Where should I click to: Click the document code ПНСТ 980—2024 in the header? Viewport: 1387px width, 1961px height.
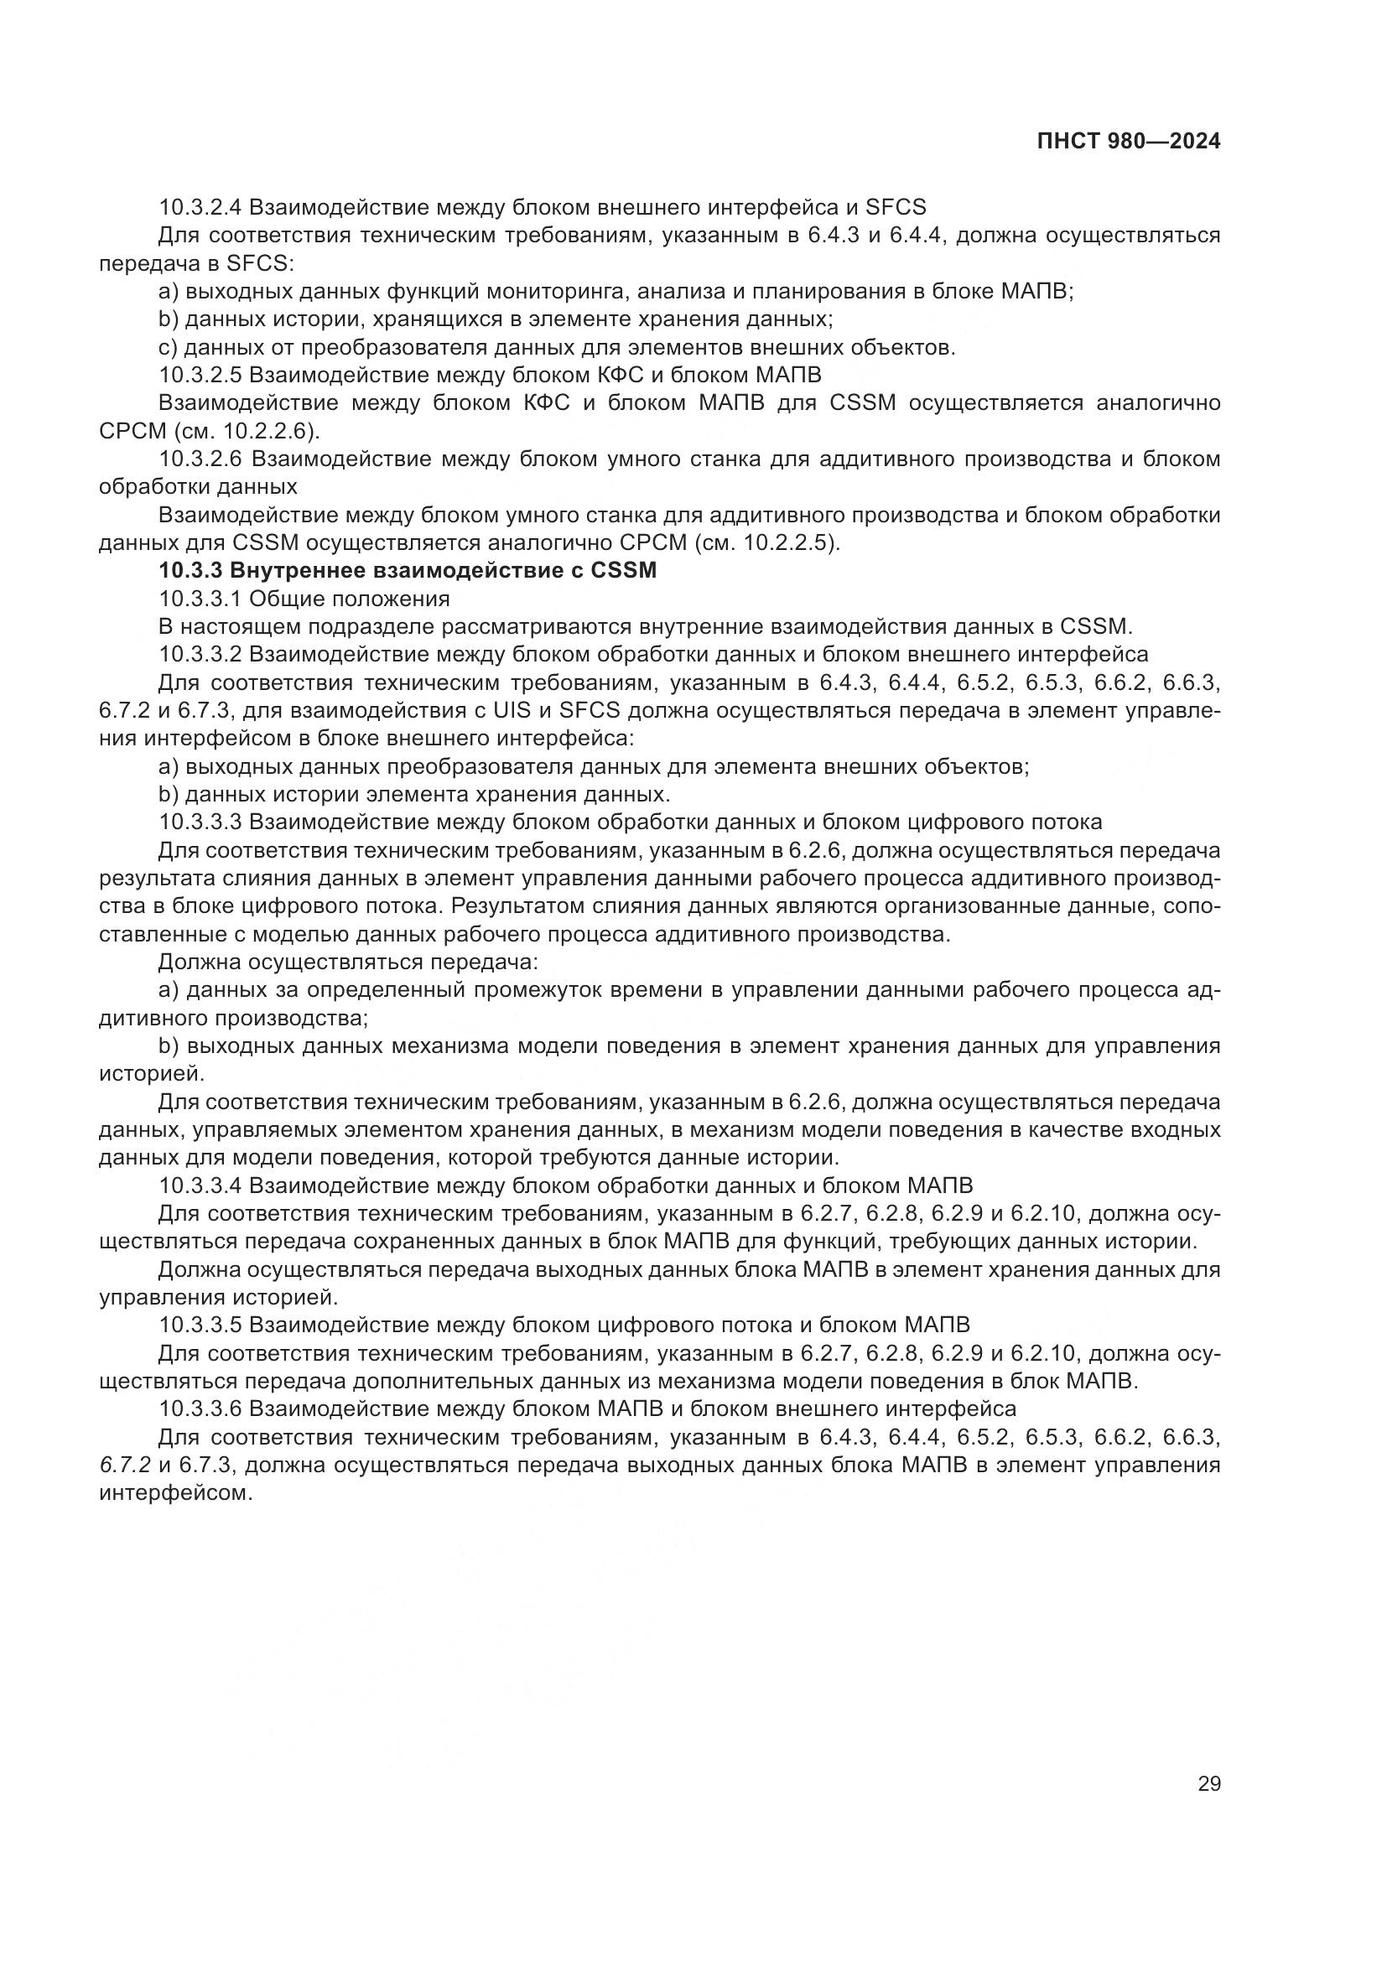point(1128,142)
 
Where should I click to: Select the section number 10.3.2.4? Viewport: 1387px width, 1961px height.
point(200,207)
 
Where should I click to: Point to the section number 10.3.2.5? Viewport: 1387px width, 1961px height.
point(200,375)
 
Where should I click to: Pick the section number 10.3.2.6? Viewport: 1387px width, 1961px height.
point(200,459)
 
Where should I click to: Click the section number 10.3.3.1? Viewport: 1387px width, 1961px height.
point(200,599)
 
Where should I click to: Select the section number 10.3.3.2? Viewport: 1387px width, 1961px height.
point(200,654)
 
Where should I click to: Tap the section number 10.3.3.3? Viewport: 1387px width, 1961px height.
point(200,822)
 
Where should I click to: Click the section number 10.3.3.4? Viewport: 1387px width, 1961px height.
point(200,1185)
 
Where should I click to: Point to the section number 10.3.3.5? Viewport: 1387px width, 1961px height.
point(200,1325)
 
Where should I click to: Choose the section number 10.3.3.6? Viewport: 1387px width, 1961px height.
point(200,1409)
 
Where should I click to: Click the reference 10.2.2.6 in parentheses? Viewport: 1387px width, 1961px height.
point(266,430)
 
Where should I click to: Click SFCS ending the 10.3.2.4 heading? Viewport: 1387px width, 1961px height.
point(895,207)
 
